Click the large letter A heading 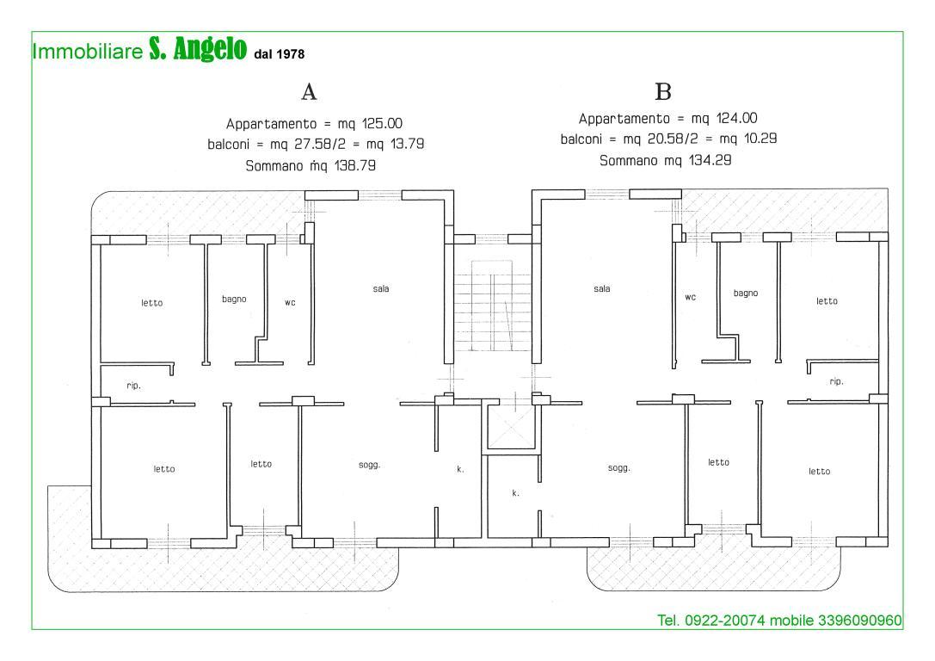pos(309,92)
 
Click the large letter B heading pos(663,92)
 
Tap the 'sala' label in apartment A pos(381,288)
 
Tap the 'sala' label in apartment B pos(601,288)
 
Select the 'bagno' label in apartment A pos(234,300)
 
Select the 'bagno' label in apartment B pos(746,293)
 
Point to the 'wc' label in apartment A pos(290,303)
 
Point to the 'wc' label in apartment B pos(691,297)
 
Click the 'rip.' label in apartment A pos(133,386)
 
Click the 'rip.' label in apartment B pos(837,382)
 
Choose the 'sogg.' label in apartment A pos(370,466)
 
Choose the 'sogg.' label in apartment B pos(619,468)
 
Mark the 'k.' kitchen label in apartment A pos(460,469)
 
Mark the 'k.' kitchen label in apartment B pos(516,493)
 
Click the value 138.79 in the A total pos(354,166)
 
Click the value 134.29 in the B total pos(710,160)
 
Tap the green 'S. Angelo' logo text pos(197,49)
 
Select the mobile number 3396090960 pos(860,621)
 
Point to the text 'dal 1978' pos(279,54)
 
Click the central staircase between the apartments pos(493,306)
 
